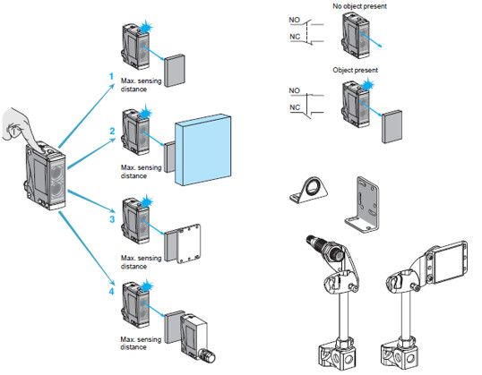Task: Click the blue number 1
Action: click(112, 76)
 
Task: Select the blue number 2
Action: click(113, 132)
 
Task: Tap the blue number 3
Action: click(112, 219)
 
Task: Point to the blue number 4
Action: click(112, 291)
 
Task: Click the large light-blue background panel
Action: click(203, 149)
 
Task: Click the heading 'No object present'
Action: click(359, 6)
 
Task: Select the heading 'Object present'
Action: click(355, 70)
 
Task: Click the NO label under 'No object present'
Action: click(294, 20)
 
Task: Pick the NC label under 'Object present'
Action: click(295, 107)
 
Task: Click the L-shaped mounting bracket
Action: click(363, 204)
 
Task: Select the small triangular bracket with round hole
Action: click(308, 191)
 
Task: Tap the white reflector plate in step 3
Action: click(189, 243)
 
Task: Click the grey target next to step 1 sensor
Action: click(175, 71)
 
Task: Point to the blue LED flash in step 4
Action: click(147, 287)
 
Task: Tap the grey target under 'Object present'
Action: click(392, 126)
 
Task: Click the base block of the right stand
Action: click(400, 355)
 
